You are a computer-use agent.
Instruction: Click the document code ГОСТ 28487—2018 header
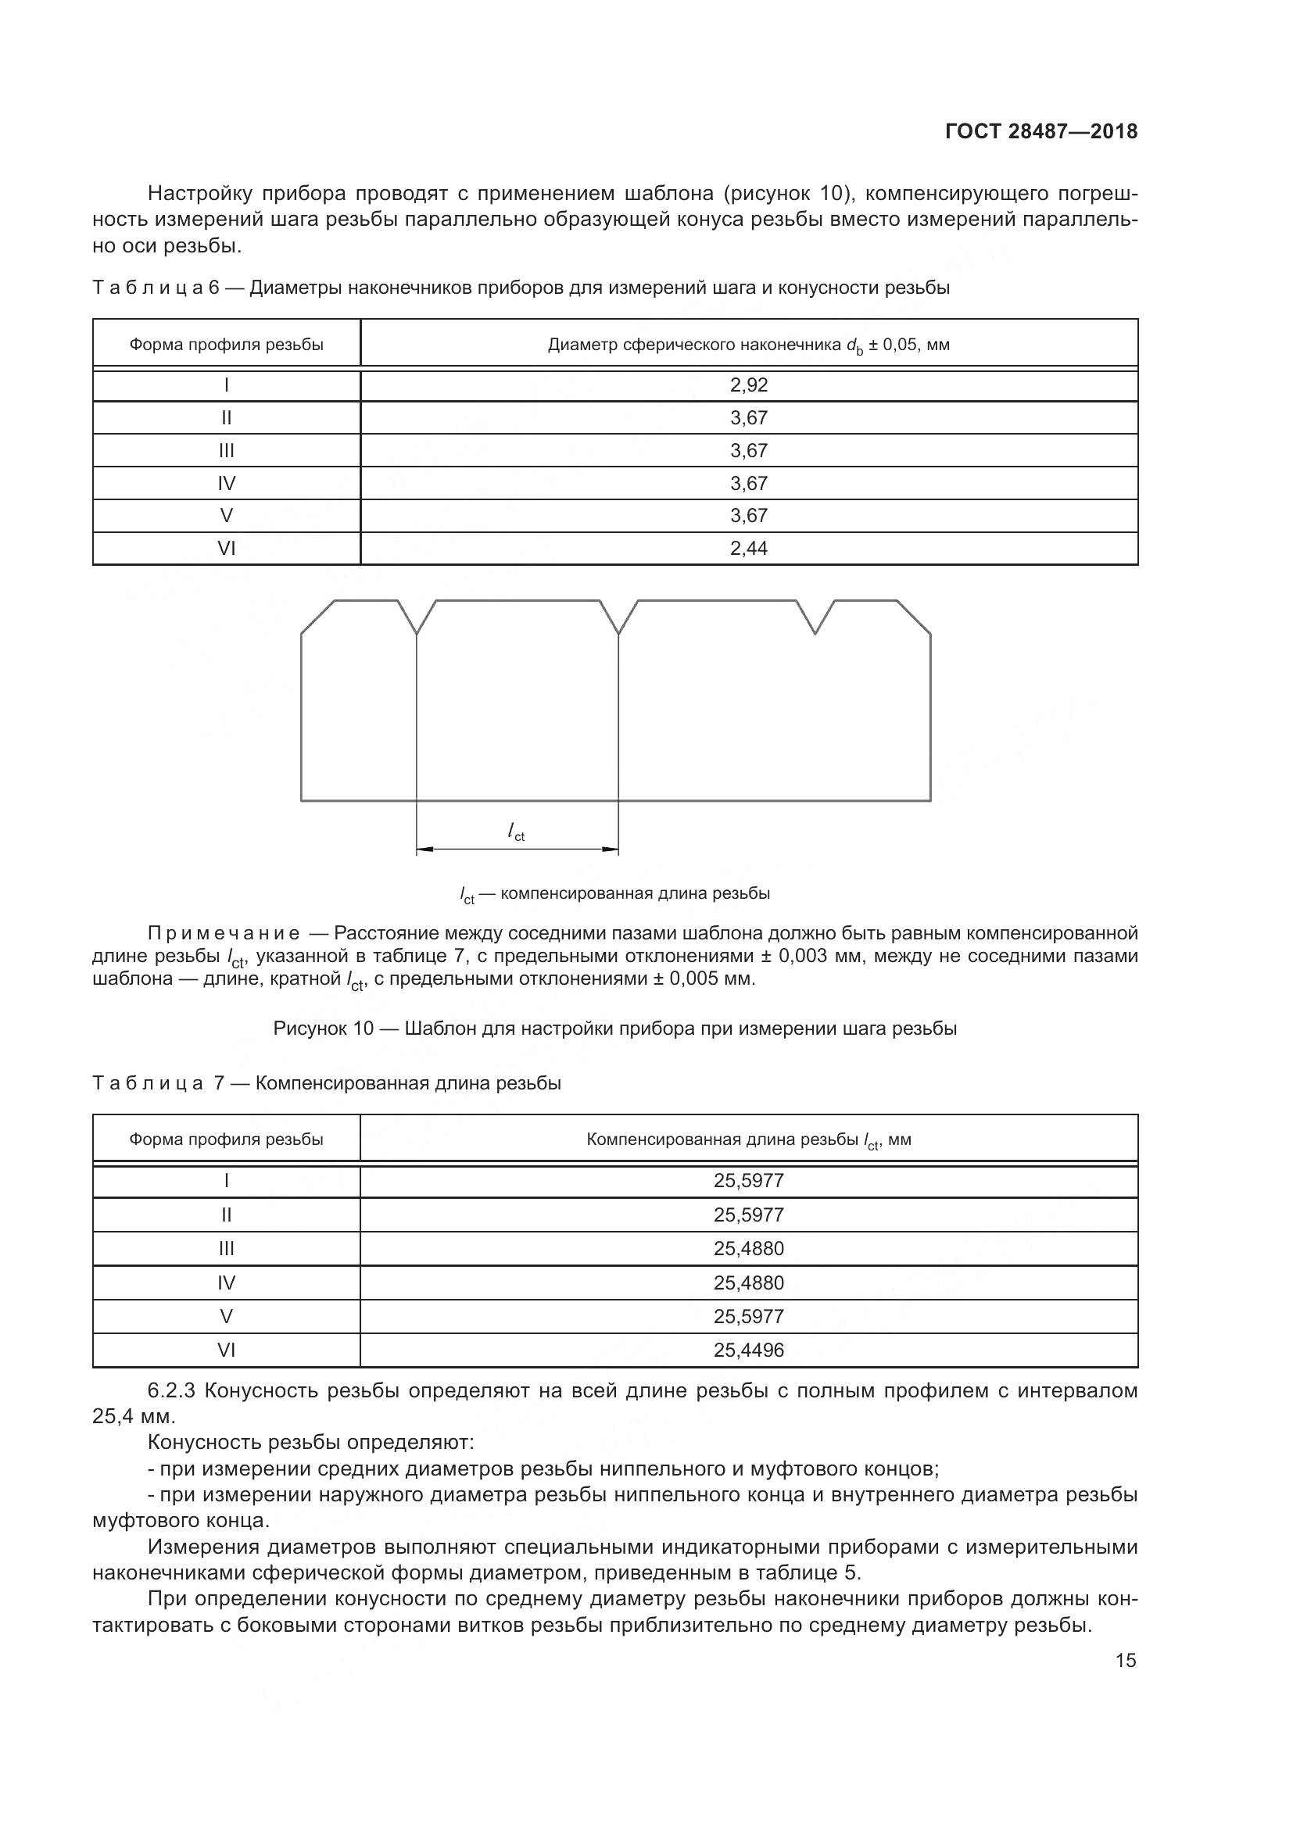(1040, 131)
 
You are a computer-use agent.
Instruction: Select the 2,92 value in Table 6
(748, 385)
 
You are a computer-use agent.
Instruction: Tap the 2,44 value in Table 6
(748, 549)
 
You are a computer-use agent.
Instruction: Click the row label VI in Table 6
(226, 549)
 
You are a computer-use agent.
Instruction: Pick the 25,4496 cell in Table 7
(748, 1350)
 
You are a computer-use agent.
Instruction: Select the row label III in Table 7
(226, 1248)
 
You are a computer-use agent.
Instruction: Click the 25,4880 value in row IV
(748, 1282)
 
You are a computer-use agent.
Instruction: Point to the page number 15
(1125, 1661)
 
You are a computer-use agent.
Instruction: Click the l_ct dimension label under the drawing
(516, 832)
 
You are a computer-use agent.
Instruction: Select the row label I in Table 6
(226, 385)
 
